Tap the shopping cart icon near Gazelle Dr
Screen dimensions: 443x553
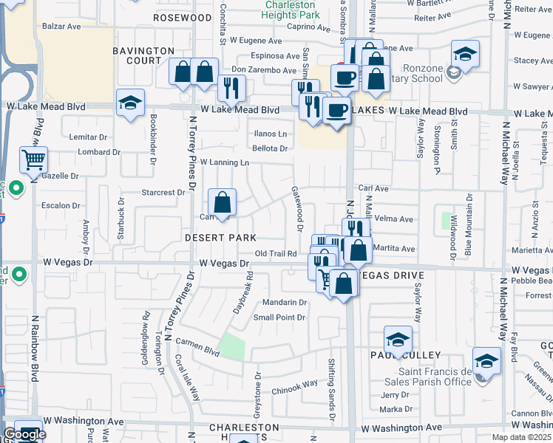33,159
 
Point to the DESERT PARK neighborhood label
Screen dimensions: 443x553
220,238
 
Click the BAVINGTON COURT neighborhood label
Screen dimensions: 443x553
137,55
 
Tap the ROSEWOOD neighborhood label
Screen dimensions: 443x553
183,17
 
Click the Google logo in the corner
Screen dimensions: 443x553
24,435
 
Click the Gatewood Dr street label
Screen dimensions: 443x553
300,215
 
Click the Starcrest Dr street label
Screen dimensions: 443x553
162,193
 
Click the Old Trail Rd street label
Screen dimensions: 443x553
276,254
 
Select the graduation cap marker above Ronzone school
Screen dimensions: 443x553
465,54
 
